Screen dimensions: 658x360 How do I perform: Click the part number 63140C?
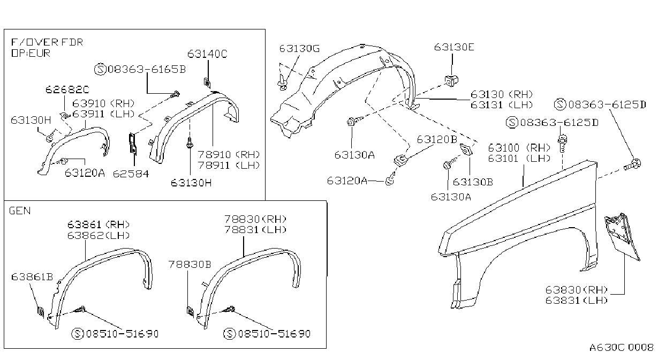[x=207, y=54]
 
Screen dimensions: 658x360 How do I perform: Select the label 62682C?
[x=67, y=89]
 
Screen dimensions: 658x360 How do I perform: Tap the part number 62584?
[x=131, y=174]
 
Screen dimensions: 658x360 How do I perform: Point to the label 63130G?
[x=299, y=48]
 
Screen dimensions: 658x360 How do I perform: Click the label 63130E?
[x=454, y=47]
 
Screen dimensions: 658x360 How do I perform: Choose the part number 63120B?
[x=437, y=139]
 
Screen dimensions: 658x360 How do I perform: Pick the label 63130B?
[x=473, y=182]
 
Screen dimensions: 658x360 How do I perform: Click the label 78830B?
[x=190, y=265]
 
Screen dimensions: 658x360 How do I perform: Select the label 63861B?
[x=32, y=277]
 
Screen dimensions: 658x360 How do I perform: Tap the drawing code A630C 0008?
[x=621, y=347]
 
